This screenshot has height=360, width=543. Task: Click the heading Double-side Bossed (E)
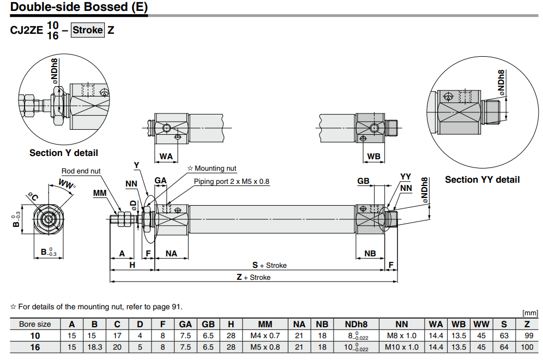pyautogui.click(x=79, y=8)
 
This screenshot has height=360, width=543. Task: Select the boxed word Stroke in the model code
pyautogui.click(x=88, y=30)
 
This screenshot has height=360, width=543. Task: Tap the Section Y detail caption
pyautogui.click(x=64, y=153)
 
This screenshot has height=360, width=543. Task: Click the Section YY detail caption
pyautogui.click(x=482, y=179)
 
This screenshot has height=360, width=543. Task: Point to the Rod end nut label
pyautogui.click(x=81, y=171)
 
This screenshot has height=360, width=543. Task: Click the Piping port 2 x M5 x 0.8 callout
pyautogui.click(x=232, y=181)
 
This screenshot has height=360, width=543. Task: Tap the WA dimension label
pyautogui.click(x=166, y=157)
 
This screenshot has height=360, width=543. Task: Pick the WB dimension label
pyautogui.click(x=373, y=157)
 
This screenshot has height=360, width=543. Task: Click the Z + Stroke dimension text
pyautogui.click(x=253, y=277)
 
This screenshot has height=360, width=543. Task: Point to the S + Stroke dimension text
pyautogui.click(x=269, y=265)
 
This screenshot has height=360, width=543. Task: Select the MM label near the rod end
pyautogui.click(x=99, y=193)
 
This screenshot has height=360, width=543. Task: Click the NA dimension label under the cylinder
pyautogui.click(x=171, y=253)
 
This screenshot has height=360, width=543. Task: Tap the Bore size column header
pyautogui.click(x=35, y=324)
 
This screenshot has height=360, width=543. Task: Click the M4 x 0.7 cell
pyautogui.click(x=265, y=335)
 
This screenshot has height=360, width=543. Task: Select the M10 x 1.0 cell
pyautogui.click(x=402, y=347)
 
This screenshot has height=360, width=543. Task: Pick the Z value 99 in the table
pyautogui.click(x=527, y=335)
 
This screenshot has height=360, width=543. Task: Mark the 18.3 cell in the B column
pyautogui.click(x=94, y=347)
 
